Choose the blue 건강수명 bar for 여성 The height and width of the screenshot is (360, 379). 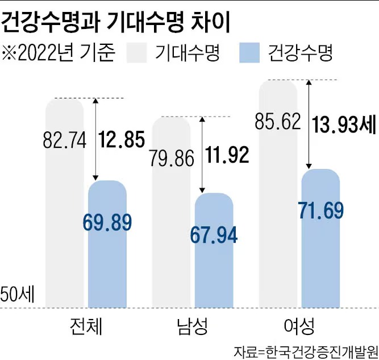320,262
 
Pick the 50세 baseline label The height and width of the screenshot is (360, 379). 17,295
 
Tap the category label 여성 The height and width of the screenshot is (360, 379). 298,327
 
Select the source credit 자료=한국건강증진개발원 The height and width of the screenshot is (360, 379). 306,350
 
